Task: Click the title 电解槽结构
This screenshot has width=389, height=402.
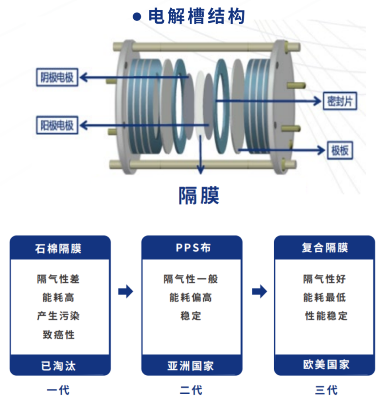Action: tap(196, 17)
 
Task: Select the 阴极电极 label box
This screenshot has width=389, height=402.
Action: tap(57, 77)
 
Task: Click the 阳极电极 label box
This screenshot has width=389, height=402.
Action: tap(57, 125)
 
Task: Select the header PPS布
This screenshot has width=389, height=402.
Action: tap(193, 248)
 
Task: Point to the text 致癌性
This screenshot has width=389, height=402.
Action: tap(58, 335)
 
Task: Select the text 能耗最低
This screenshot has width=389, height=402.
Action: tap(325, 297)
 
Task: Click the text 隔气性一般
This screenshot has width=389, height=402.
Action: tap(191, 279)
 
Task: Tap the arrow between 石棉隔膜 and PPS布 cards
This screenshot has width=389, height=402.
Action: tap(126, 292)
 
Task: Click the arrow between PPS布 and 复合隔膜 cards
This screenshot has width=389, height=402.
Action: tap(259, 292)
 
